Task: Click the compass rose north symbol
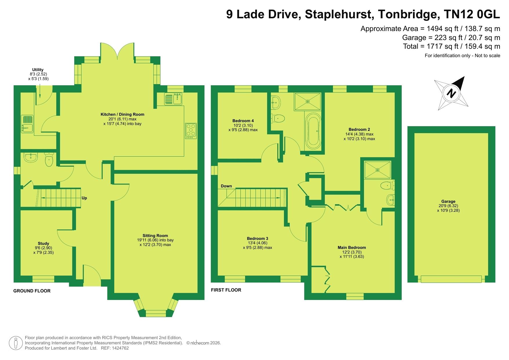tap(451, 93)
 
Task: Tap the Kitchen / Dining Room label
tap(122, 114)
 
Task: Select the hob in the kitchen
tap(191, 131)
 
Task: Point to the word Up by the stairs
tap(84, 198)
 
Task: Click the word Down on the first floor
tap(226, 186)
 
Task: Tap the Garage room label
tap(448, 201)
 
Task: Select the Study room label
tap(44, 243)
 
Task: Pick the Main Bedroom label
tap(352, 247)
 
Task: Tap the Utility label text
tap(38, 70)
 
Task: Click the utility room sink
tap(28, 124)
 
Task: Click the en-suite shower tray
tap(377, 170)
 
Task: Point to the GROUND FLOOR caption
tap(32, 291)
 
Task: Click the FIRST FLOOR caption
tap(226, 290)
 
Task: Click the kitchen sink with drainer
tap(173, 99)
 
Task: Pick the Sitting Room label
tap(155, 236)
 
